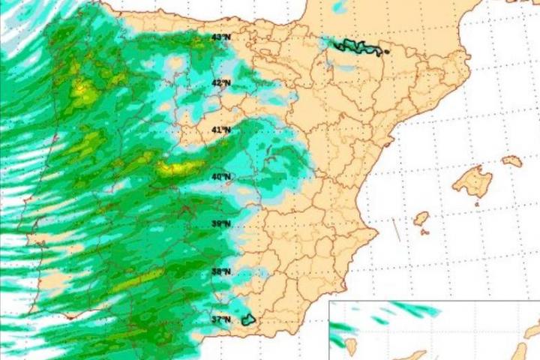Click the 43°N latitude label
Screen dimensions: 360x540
220,37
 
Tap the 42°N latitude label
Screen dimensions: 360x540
220,83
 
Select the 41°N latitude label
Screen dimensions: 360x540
220,130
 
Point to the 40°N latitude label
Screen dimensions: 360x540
220,177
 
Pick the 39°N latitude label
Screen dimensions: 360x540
220,224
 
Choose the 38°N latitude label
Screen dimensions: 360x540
220,271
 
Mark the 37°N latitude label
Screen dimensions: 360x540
220,319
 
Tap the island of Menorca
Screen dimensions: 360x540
512,160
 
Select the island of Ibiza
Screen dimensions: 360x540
421,218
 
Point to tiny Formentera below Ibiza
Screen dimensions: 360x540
424,232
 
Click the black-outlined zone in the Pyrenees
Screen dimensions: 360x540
358,46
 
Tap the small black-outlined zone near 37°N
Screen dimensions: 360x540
248,319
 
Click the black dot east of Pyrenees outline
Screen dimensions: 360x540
386,52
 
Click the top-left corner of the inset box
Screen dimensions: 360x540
330,301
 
